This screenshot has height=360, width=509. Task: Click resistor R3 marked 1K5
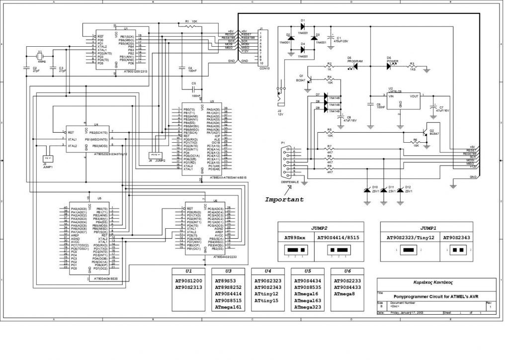click(x=412, y=66)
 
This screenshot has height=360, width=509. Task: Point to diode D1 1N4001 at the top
click(x=302, y=25)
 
